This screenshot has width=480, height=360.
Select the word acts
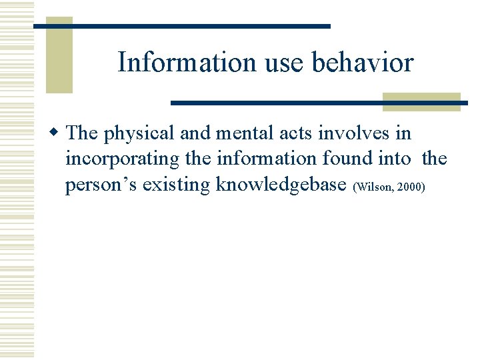[x=297, y=133]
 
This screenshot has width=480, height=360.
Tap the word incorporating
[x=122, y=160]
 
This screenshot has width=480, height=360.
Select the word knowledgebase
[x=281, y=185]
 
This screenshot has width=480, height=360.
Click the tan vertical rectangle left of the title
[x=59, y=55]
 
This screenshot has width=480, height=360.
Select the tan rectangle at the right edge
[x=421, y=101]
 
